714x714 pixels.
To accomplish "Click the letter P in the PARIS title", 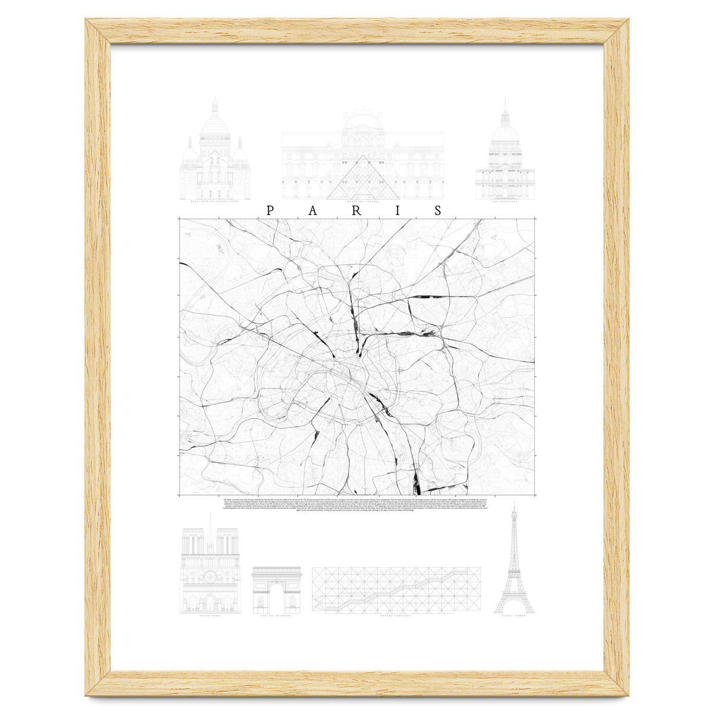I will point(270,211).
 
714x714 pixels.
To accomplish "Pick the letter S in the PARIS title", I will point(439,211).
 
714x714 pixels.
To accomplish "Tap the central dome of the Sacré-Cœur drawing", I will point(215,125).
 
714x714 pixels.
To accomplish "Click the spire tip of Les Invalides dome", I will point(505,102).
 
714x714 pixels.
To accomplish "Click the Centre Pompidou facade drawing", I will point(396,589).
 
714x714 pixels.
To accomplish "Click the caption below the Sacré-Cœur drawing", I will point(215,202).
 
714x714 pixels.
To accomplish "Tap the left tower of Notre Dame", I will point(193,544).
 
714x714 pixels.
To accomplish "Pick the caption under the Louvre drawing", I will point(362,202).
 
